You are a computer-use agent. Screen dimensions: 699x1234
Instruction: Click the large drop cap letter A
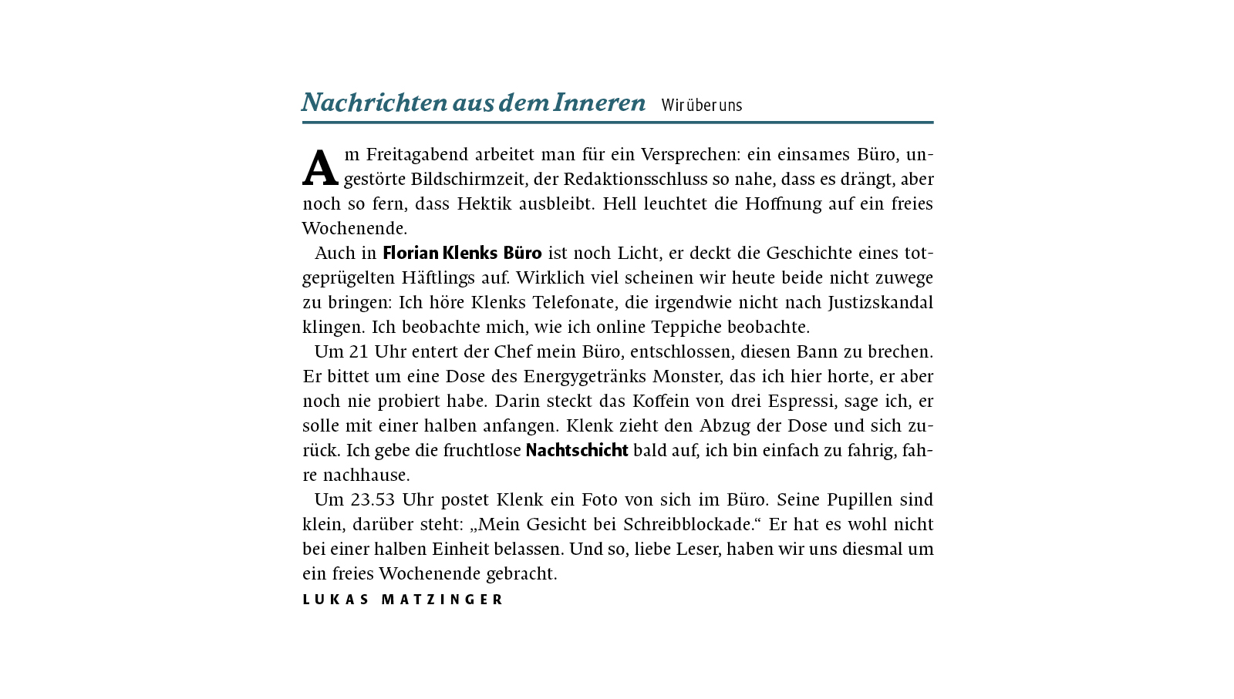pyautogui.click(x=320, y=169)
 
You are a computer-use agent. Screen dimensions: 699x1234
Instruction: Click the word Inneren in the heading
pyautogui.click(x=599, y=102)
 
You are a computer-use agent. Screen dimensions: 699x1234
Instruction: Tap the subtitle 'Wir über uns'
pyautogui.click(x=701, y=106)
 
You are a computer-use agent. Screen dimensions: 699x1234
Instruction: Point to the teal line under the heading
pyautogui.click(x=617, y=122)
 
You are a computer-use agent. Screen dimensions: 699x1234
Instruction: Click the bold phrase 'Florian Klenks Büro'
pyautogui.click(x=462, y=254)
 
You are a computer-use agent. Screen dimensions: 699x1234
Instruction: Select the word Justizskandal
pyautogui.click(x=881, y=303)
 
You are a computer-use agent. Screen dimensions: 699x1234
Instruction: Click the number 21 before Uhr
pyautogui.click(x=359, y=352)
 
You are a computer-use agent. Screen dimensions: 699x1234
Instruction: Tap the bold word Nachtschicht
pyautogui.click(x=577, y=451)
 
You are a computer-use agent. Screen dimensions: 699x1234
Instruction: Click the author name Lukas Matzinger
pyautogui.click(x=403, y=600)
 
